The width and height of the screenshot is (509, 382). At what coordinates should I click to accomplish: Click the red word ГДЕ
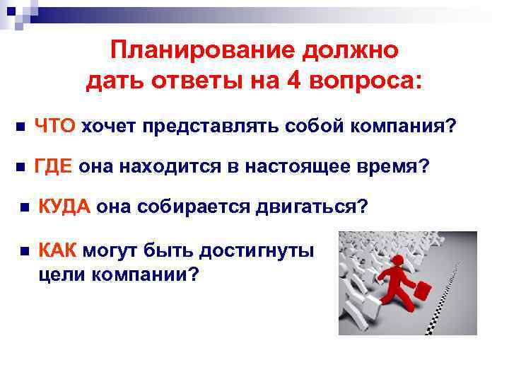tap(54, 167)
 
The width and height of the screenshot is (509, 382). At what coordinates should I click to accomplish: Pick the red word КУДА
tap(64, 207)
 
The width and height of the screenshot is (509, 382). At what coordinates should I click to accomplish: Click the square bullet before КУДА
tap(23, 208)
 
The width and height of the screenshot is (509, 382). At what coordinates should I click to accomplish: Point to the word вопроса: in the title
tap(367, 82)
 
